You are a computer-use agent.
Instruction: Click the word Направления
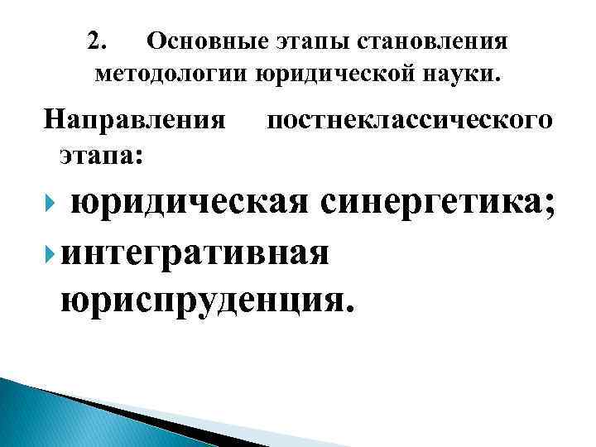point(135,120)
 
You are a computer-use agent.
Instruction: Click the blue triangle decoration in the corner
point(50,414)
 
